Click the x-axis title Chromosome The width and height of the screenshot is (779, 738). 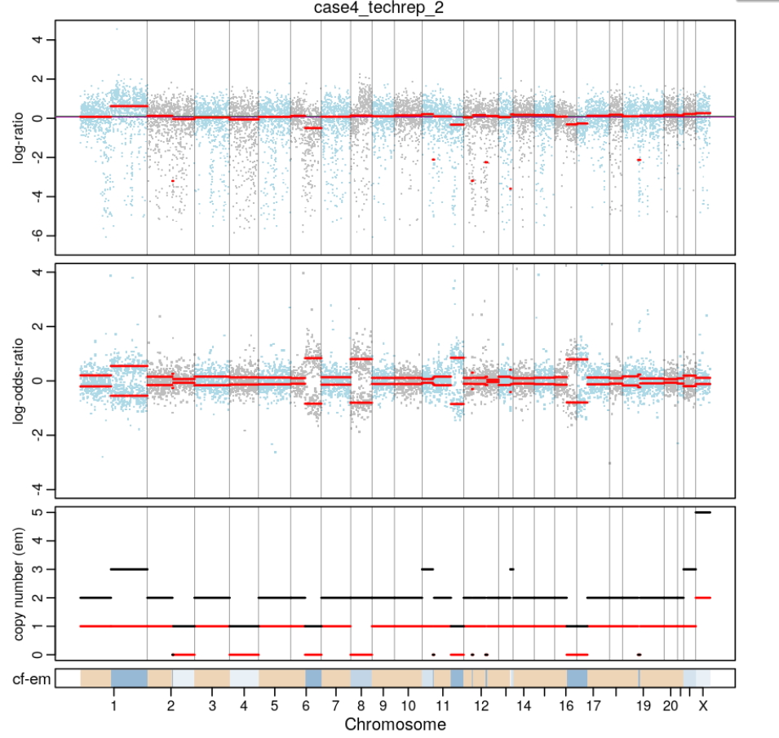coord(395,724)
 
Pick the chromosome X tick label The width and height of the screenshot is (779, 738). coord(702,705)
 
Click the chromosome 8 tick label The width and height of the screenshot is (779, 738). coord(361,705)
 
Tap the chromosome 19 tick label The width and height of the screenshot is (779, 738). coord(643,705)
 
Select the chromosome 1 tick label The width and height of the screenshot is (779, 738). coord(113,705)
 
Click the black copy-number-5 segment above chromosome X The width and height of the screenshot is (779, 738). coord(702,512)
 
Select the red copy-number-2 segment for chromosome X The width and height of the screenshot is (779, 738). coord(702,598)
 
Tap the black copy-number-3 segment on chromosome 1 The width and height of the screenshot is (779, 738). coord(129,569)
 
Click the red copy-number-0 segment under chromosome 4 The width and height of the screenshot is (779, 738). coord(244,654)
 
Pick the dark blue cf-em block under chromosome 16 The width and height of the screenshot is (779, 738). coord(577,678)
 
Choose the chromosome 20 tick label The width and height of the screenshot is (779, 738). coord(669,705)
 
